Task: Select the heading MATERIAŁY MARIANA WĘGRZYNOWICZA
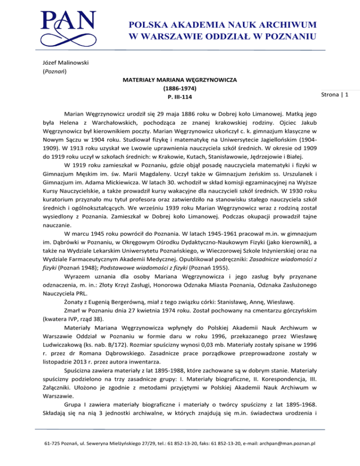(180, 80)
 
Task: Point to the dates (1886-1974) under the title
(180, 89)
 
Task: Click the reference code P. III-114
(180, 97)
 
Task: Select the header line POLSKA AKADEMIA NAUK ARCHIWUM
(220, 24)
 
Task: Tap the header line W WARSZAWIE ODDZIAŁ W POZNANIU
(220, 36)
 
